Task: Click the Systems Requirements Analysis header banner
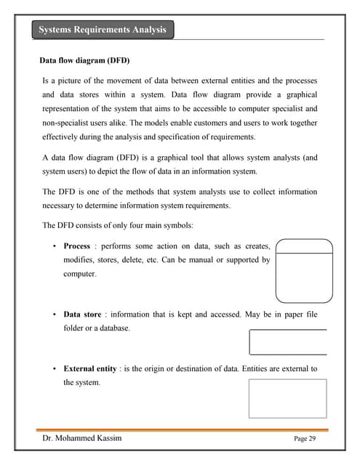[x=103, y=30]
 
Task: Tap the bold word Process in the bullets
[x=77, y=246]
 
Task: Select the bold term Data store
[x=82, y=315]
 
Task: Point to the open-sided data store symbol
[x=287, y=341]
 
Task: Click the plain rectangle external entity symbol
[x=287, y=398]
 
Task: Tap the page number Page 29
[x=305, y=439]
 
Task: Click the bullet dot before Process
[x=55, y=246]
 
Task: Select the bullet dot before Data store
[x=55, y=315]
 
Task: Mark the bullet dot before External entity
[x=55, y=368]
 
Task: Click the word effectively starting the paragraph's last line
[x=63, y=137]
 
